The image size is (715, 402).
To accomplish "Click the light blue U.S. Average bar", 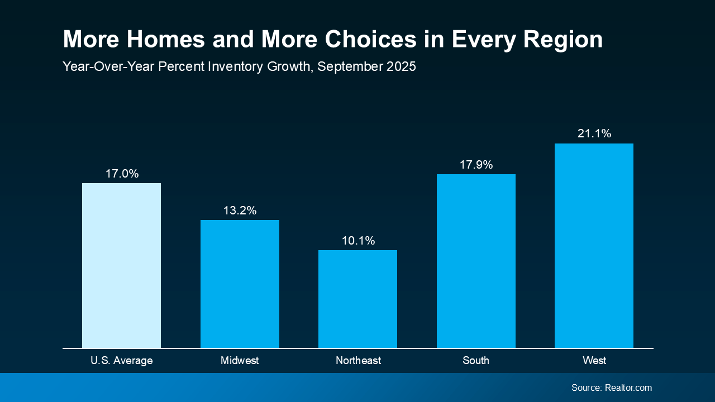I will (x=121, y=265).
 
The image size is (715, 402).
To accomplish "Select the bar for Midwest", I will (x=240, y=284).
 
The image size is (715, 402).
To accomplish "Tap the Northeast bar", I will (x=357, y=299).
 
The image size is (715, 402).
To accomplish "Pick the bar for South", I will (x=476, y=261).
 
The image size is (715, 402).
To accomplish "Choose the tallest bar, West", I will (x=594, y=246).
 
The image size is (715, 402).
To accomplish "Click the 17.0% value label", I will (x=122, y=174).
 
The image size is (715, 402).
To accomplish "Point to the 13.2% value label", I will (x=240, y=210).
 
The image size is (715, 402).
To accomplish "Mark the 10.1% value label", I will (x=358, y=241).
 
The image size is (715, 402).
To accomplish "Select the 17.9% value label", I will (x=476, y=165).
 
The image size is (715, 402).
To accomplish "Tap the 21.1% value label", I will (x=594, y=133).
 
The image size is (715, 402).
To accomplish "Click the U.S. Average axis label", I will (x=121, y=361).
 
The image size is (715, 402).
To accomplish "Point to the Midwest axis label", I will (x=240, y=361).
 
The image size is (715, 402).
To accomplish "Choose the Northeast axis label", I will (x=358, y=361).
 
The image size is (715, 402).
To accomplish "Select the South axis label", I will (x=476, y=361).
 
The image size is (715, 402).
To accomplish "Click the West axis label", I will (x=594, y=361).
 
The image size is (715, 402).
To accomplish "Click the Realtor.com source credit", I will (x=628, y=387).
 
